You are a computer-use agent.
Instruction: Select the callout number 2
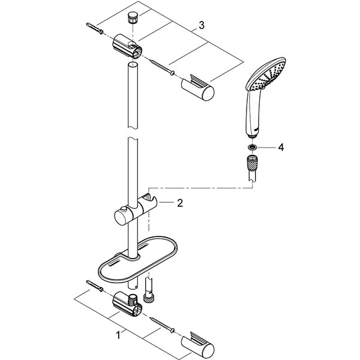coord(179,203)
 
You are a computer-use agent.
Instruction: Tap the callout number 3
coord(202,25)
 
